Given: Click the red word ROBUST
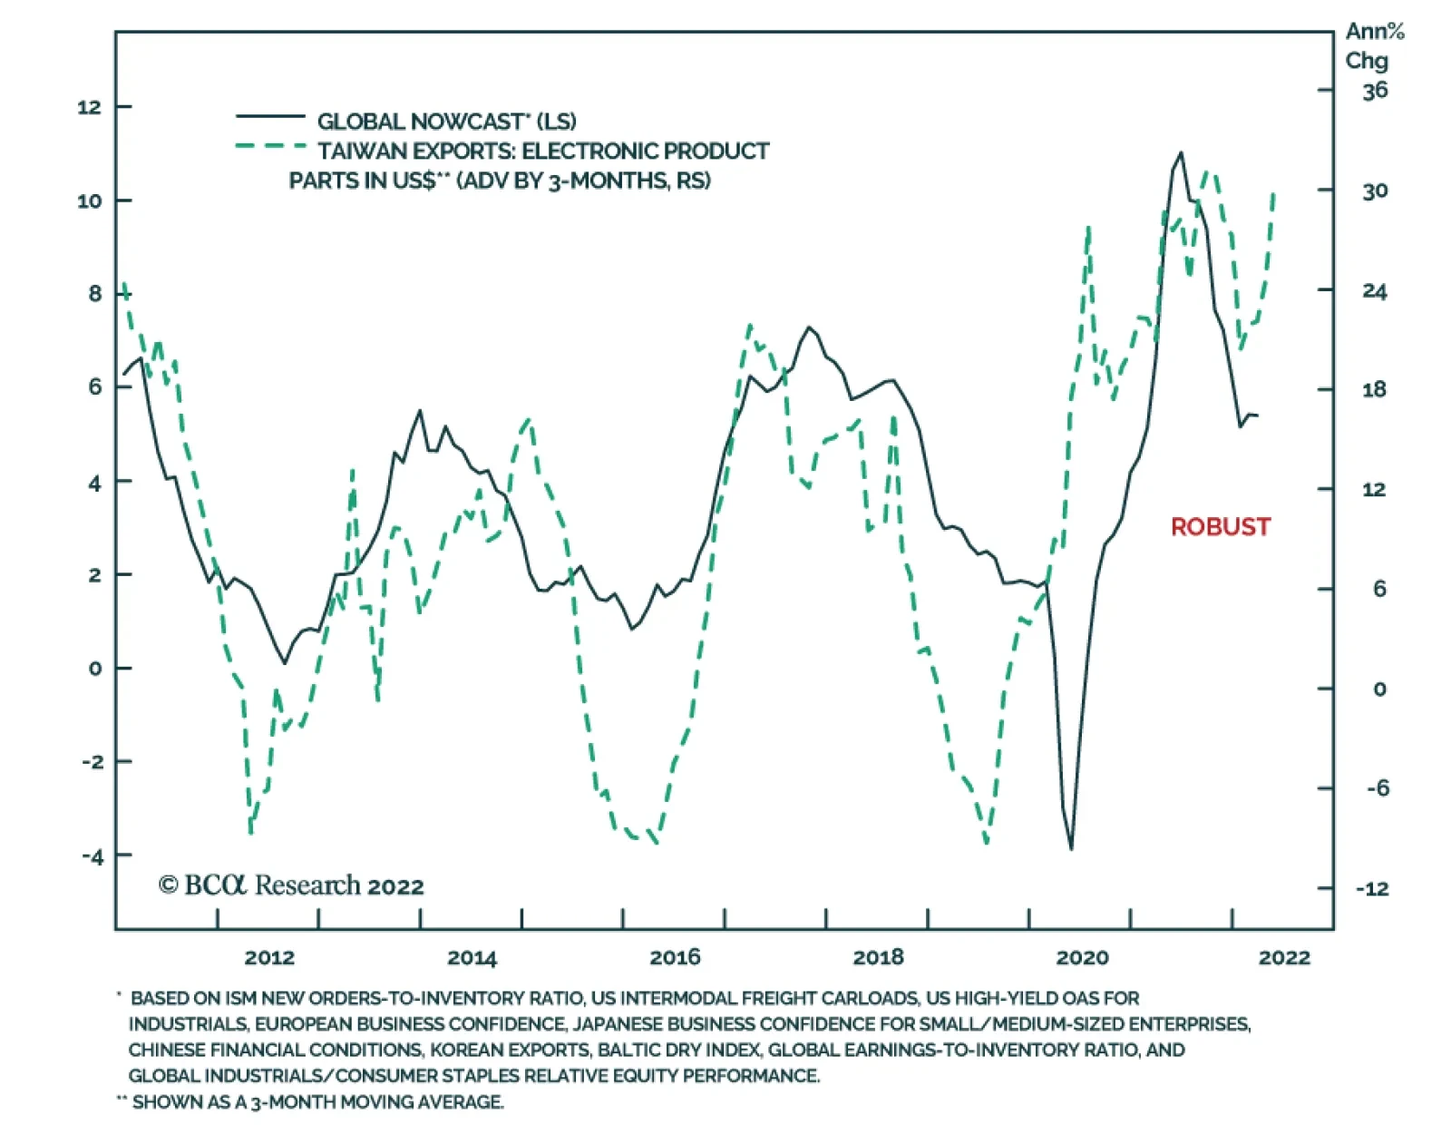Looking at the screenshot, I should tap(1220, 527).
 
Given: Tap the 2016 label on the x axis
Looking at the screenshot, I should tap(675, 957).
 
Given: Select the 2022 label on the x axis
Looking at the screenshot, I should tap(1284, 957).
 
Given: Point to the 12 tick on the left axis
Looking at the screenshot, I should tap(89, 107).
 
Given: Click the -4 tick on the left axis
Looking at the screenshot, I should tap(92, 856).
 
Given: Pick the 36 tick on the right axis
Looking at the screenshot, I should tap(1375, 91).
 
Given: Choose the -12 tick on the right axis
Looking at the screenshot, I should tap(1372, 888).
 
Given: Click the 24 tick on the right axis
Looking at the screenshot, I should tap(1375, 291).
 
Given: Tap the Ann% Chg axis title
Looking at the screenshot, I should tap(1373, 46).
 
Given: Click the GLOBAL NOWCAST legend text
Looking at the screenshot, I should tap(446, 122).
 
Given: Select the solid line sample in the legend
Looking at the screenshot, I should tap(270, 117).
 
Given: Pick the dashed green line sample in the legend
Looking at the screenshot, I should tap(270, 146).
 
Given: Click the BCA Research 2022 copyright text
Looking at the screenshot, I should tap(291, 885).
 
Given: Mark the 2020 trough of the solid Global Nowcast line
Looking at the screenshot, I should tap(1071, 848).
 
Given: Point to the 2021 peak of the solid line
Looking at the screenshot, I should tap(1180, 153).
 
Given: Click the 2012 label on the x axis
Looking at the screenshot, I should tap(269, 957).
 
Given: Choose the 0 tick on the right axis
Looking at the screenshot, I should tap(1379, 689).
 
